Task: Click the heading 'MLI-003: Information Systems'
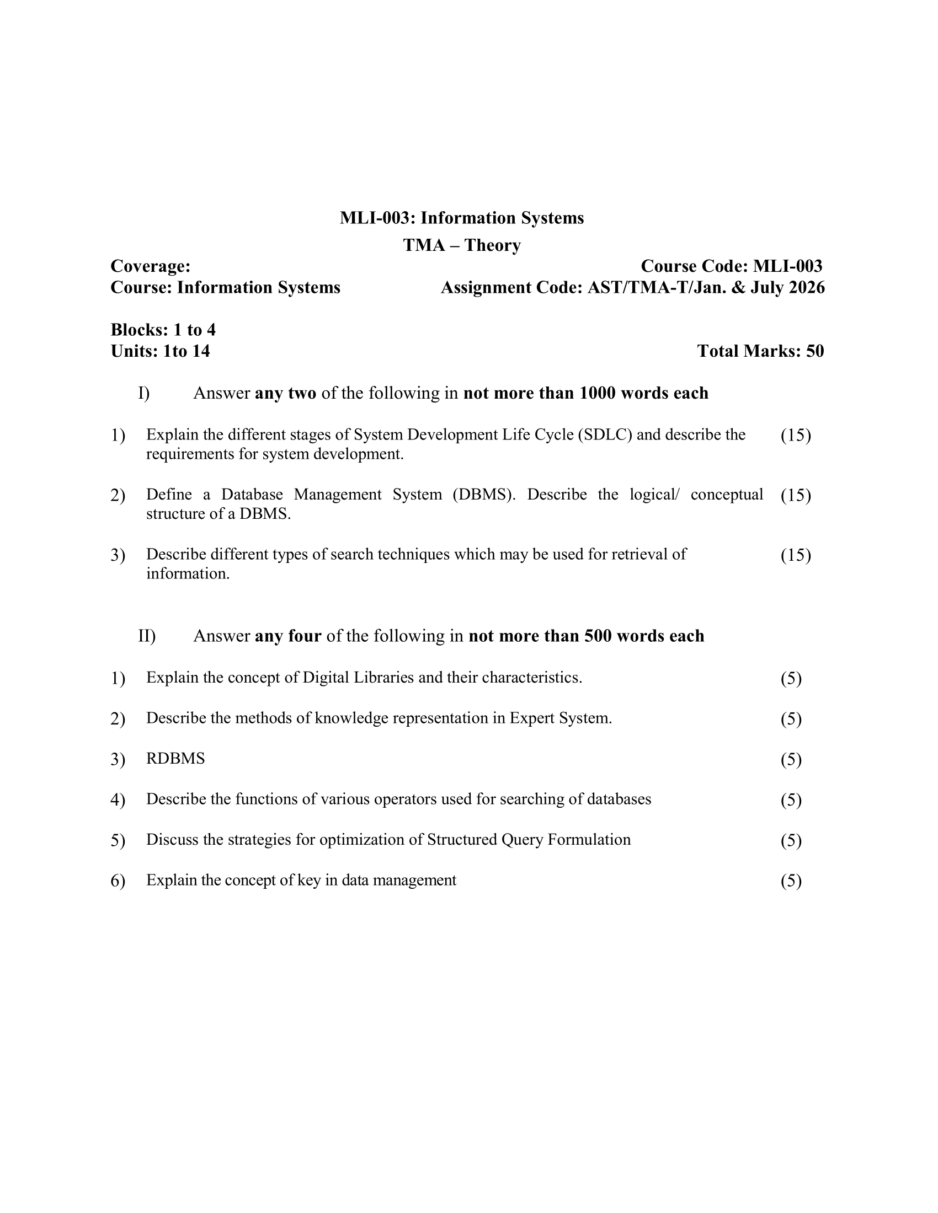click(x=462, y=218)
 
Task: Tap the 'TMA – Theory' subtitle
click(x=462, y=245)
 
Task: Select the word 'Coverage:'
click(x=151, y=267)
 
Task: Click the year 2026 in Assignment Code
click(x=806, y=288)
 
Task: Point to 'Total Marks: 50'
click(x=760, y=351)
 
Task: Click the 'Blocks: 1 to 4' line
click(x=163, y=330)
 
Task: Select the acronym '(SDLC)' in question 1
click(x=605, y=434)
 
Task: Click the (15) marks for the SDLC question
click(x=796, y=436)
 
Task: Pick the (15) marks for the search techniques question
click(x=796, y=555)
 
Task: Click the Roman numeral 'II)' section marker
click(x=147, y=636)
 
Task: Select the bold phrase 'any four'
click(x=288, y=636)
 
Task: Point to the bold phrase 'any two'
click(x=286, y=393)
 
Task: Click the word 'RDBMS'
click(x=175, y=759)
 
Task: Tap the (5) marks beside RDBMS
click(x=791, y=760)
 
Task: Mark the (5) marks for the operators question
click(x=791, y=801)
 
